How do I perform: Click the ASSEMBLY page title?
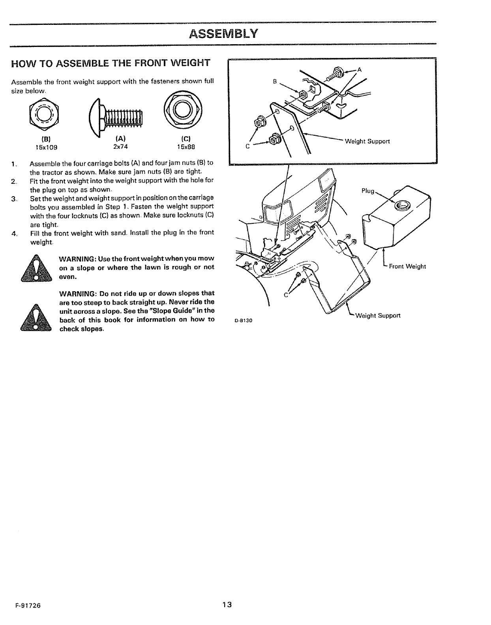[223, 34]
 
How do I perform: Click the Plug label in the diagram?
[368, 191]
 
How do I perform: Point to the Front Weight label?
[407, 266]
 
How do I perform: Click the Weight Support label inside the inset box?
[367, 141]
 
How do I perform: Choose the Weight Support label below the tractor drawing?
[378, 316]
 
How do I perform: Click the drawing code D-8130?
[244, 321]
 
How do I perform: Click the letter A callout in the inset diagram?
[359, 70]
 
